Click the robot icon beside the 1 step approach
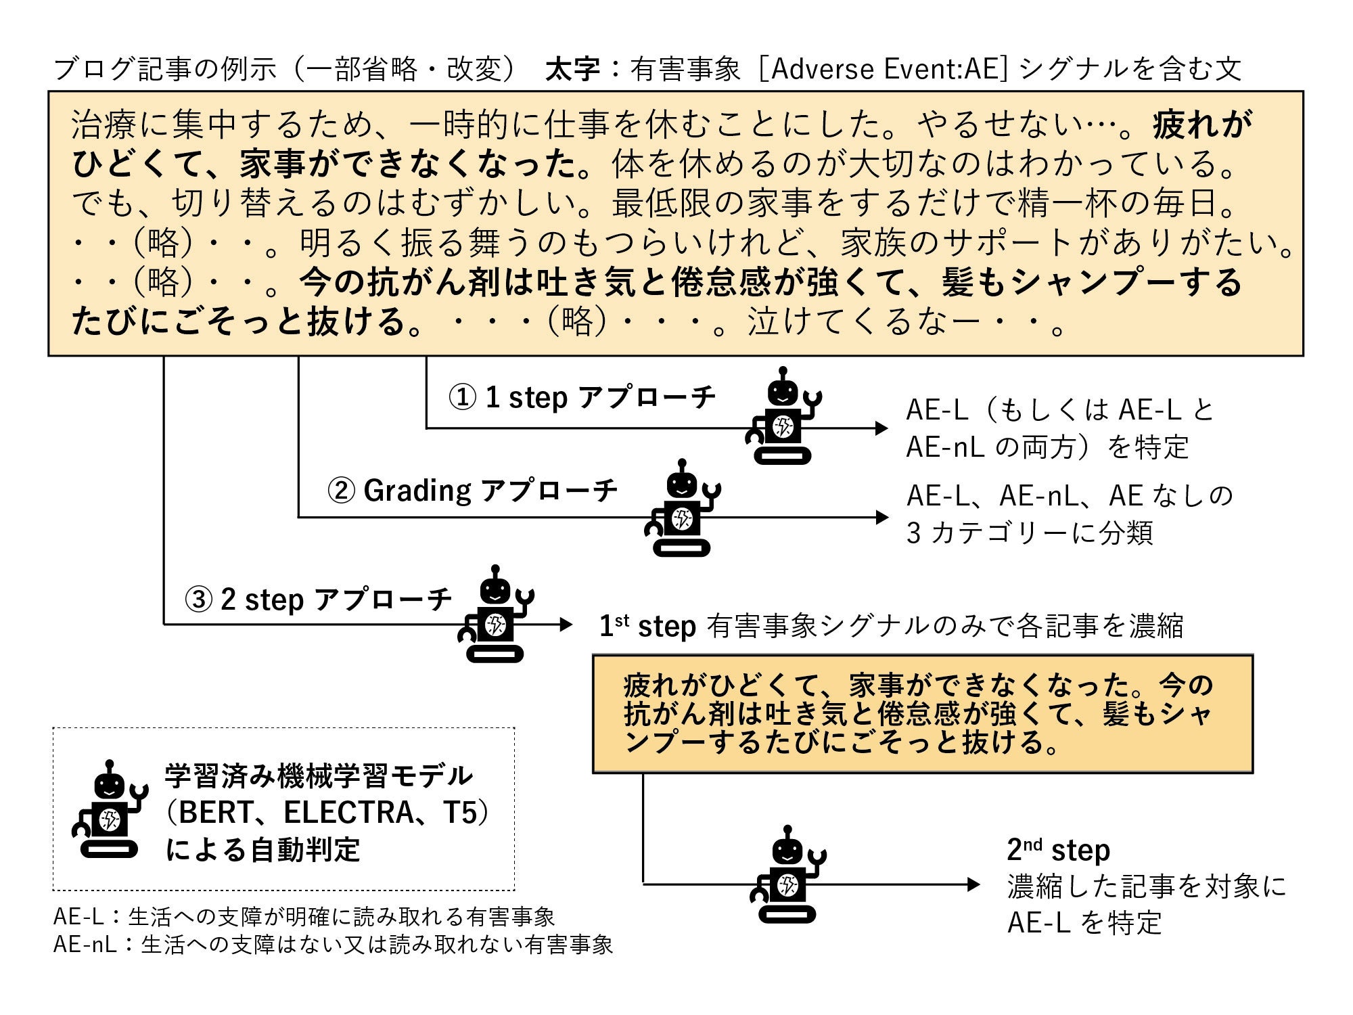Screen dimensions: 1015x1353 [783, 417]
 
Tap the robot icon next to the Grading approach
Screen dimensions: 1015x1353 [682, 509]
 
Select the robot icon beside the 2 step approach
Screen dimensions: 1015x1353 [496, 614]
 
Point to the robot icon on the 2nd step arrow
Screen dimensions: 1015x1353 [787, 875]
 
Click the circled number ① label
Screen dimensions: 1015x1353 [463, 398]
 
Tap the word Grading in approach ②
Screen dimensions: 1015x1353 [417, 491]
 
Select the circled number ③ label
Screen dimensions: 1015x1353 [199, 600]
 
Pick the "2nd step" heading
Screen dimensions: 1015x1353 [1058, 850]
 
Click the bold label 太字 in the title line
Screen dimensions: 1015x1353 [572, 69]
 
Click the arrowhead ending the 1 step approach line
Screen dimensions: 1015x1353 [881, 428]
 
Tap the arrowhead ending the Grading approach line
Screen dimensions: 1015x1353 [881, 518]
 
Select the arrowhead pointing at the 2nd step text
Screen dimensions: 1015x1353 [973, 884]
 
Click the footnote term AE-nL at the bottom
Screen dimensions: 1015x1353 [85, 945]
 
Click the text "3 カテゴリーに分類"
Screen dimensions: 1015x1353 [1029, 533]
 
